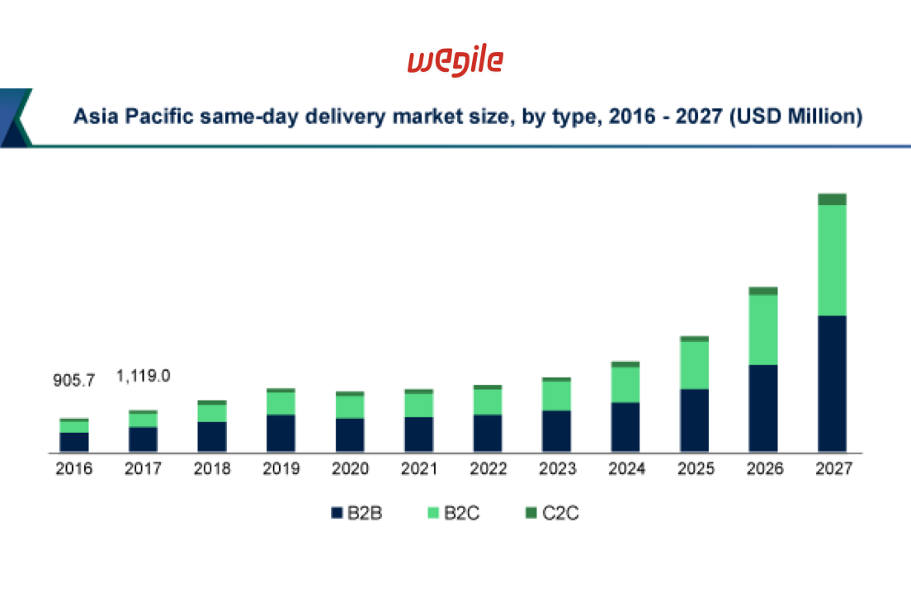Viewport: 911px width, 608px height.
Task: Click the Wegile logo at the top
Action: [x=455, y=62]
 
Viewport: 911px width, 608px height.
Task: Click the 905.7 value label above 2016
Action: [x=74, y=381]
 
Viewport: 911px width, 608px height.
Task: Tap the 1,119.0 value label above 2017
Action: [x=143, y=376]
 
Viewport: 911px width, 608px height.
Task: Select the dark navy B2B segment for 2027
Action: [x=832, y=383]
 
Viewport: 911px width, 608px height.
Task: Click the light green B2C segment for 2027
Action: [x=832, y=259]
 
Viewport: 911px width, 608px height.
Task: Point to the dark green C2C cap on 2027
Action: [x=832, y=199]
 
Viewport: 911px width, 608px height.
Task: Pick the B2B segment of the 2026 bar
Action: [x=763, y=408]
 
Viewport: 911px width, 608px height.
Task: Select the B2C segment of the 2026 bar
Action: [x=763, y=329]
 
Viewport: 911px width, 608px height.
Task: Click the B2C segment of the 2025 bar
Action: [x=694, y=364]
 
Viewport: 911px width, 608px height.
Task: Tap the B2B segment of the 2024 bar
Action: [x=625, y=427]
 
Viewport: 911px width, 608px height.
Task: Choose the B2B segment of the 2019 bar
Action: [x=281, y=433]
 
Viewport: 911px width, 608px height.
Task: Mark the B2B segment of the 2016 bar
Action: [x=74, y=442]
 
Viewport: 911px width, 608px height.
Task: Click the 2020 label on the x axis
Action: [x=350, y=470]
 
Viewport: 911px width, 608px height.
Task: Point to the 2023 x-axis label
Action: [x=557, y=470]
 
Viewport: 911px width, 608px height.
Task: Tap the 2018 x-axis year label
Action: [x=212, y=470]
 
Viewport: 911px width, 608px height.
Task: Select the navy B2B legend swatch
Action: [x=336, y=513]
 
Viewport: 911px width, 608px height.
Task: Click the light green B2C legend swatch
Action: [x=432, y=513]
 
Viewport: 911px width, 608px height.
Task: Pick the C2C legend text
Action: [x=560, y=513]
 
